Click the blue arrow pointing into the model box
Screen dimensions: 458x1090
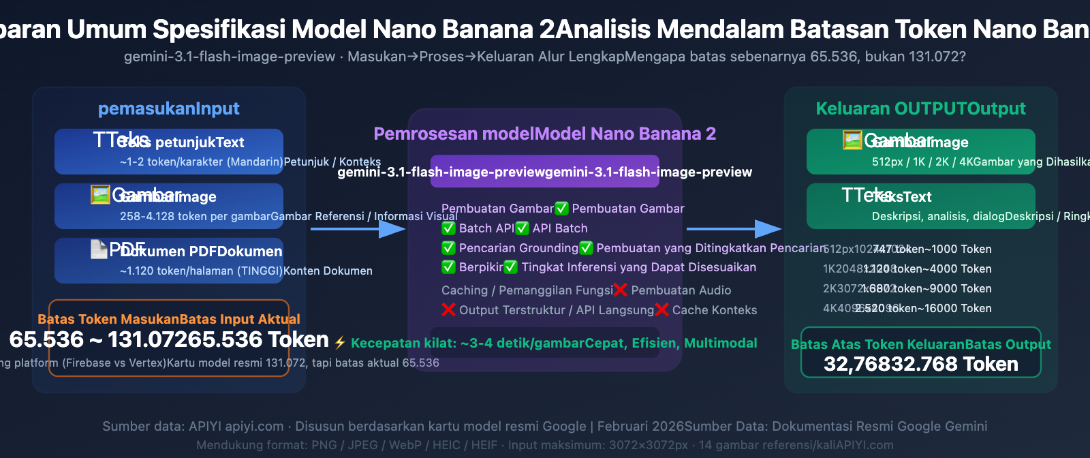tap(358, 229)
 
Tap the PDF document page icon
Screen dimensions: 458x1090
tap(99, 249)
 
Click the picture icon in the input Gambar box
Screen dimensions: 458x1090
tap(100, 195)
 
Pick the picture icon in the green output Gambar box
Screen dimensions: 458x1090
tap(852, 140)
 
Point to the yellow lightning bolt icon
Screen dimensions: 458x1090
tap(340, 343)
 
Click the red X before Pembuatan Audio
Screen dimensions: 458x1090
tap(620, 290)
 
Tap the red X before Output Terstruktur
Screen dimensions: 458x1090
tap(448, 310)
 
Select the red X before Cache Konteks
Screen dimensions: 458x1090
tap(661, 310)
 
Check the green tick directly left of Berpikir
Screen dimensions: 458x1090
tap(448, 267)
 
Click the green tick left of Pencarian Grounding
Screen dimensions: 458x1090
tap(448, 248)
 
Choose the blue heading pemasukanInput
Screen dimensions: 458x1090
tap(168, 108)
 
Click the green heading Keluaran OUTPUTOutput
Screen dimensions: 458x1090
tap(920, 108)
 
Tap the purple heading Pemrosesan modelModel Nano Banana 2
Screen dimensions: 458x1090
tap(544, 134)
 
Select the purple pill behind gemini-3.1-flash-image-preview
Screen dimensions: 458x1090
tap(544, 172)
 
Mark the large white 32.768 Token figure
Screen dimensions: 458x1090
tap(954, 364)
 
